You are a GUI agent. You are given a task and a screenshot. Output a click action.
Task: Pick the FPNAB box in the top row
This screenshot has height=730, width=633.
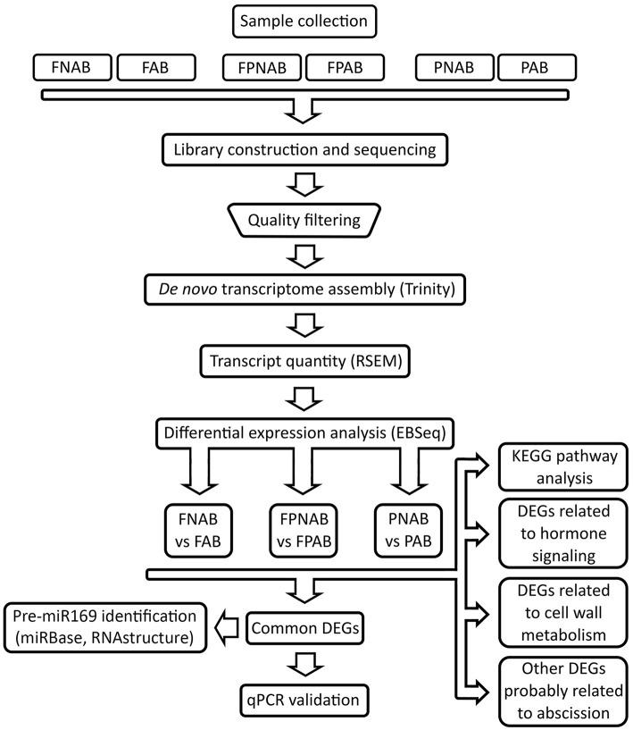pos(263,67)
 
